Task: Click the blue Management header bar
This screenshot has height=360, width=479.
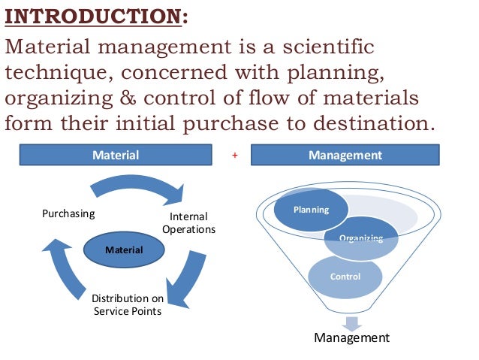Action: pyautogui.click(x=345, y=156)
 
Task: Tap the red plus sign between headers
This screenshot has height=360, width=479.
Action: pyautogui.click(x=235, y=156)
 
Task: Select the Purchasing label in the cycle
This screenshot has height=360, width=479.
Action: pyautogui.click(x=68, y=213)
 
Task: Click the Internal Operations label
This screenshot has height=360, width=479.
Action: pyautogui.click(x=188, y=223)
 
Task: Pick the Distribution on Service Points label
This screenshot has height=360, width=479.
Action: pyautogui.click(x=127, y=305)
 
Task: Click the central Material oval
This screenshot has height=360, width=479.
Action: pyautogui.click(x=124, y=249)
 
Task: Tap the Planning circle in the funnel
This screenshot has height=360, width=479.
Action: pyautogui.click(x=311, y=210)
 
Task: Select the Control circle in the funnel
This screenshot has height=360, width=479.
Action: pyautogui.click(x=345, y=277)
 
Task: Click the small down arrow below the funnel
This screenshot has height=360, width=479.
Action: pyautogui.click(x=352, y=322)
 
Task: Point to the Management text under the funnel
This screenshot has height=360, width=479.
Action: pyautogui.click(x=352, y=338)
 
